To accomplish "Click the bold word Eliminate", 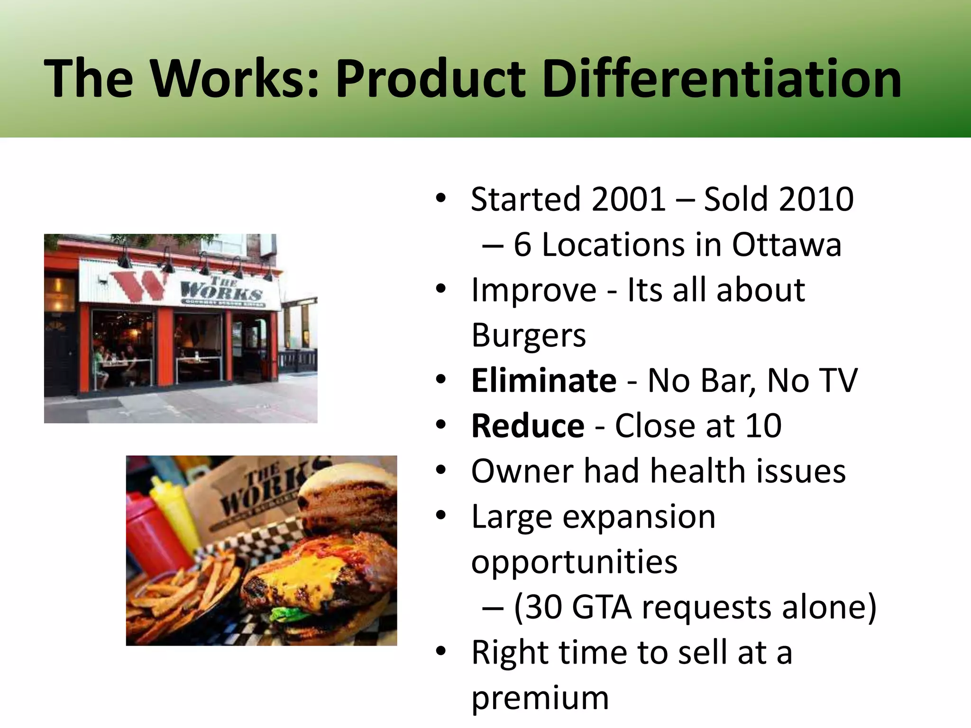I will pyautogui.click(x=543, y=381).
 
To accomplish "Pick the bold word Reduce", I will pyautogui.click(x=527, y=426).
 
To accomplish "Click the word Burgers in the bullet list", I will pyautogui.click(x=528, y=336).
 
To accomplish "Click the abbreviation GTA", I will pyautogui.click(x=601, y=607).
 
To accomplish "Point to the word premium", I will pyautogui.click(x=540, y=699).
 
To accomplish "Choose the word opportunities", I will pyautogui.click(x=574, y=562).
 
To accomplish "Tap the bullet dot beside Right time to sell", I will pyautogui.click(x=440, y=652).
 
